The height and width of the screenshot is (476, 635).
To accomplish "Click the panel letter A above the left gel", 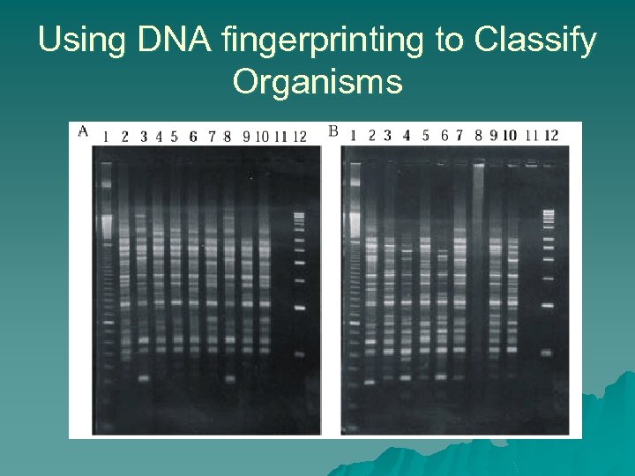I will pos(83,131).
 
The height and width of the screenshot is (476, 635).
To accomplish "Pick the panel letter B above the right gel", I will pos(332,131).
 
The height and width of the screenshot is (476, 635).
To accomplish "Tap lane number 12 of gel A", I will pos(299,137).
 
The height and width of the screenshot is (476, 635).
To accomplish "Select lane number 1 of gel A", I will pos(106,137).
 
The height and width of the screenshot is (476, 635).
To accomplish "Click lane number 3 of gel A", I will pos(144,137).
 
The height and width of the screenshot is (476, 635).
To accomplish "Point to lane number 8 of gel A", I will pos(228,137).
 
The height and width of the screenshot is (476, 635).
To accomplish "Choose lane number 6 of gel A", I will pos(192,137).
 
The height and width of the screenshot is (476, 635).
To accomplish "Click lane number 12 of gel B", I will pos(551,135).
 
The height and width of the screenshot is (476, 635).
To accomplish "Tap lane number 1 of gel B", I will pos(353,135).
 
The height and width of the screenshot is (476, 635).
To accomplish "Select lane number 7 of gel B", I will pos(459,135).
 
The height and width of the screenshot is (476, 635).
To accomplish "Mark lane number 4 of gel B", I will pos(406,135).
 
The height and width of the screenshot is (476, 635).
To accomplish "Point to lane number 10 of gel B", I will pos(510,135).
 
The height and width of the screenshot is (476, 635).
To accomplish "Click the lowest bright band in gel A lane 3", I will pos(144,379).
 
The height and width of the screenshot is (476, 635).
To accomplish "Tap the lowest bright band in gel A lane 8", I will pos(229,379).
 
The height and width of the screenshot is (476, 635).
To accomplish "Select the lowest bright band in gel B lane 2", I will pos(370,383).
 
